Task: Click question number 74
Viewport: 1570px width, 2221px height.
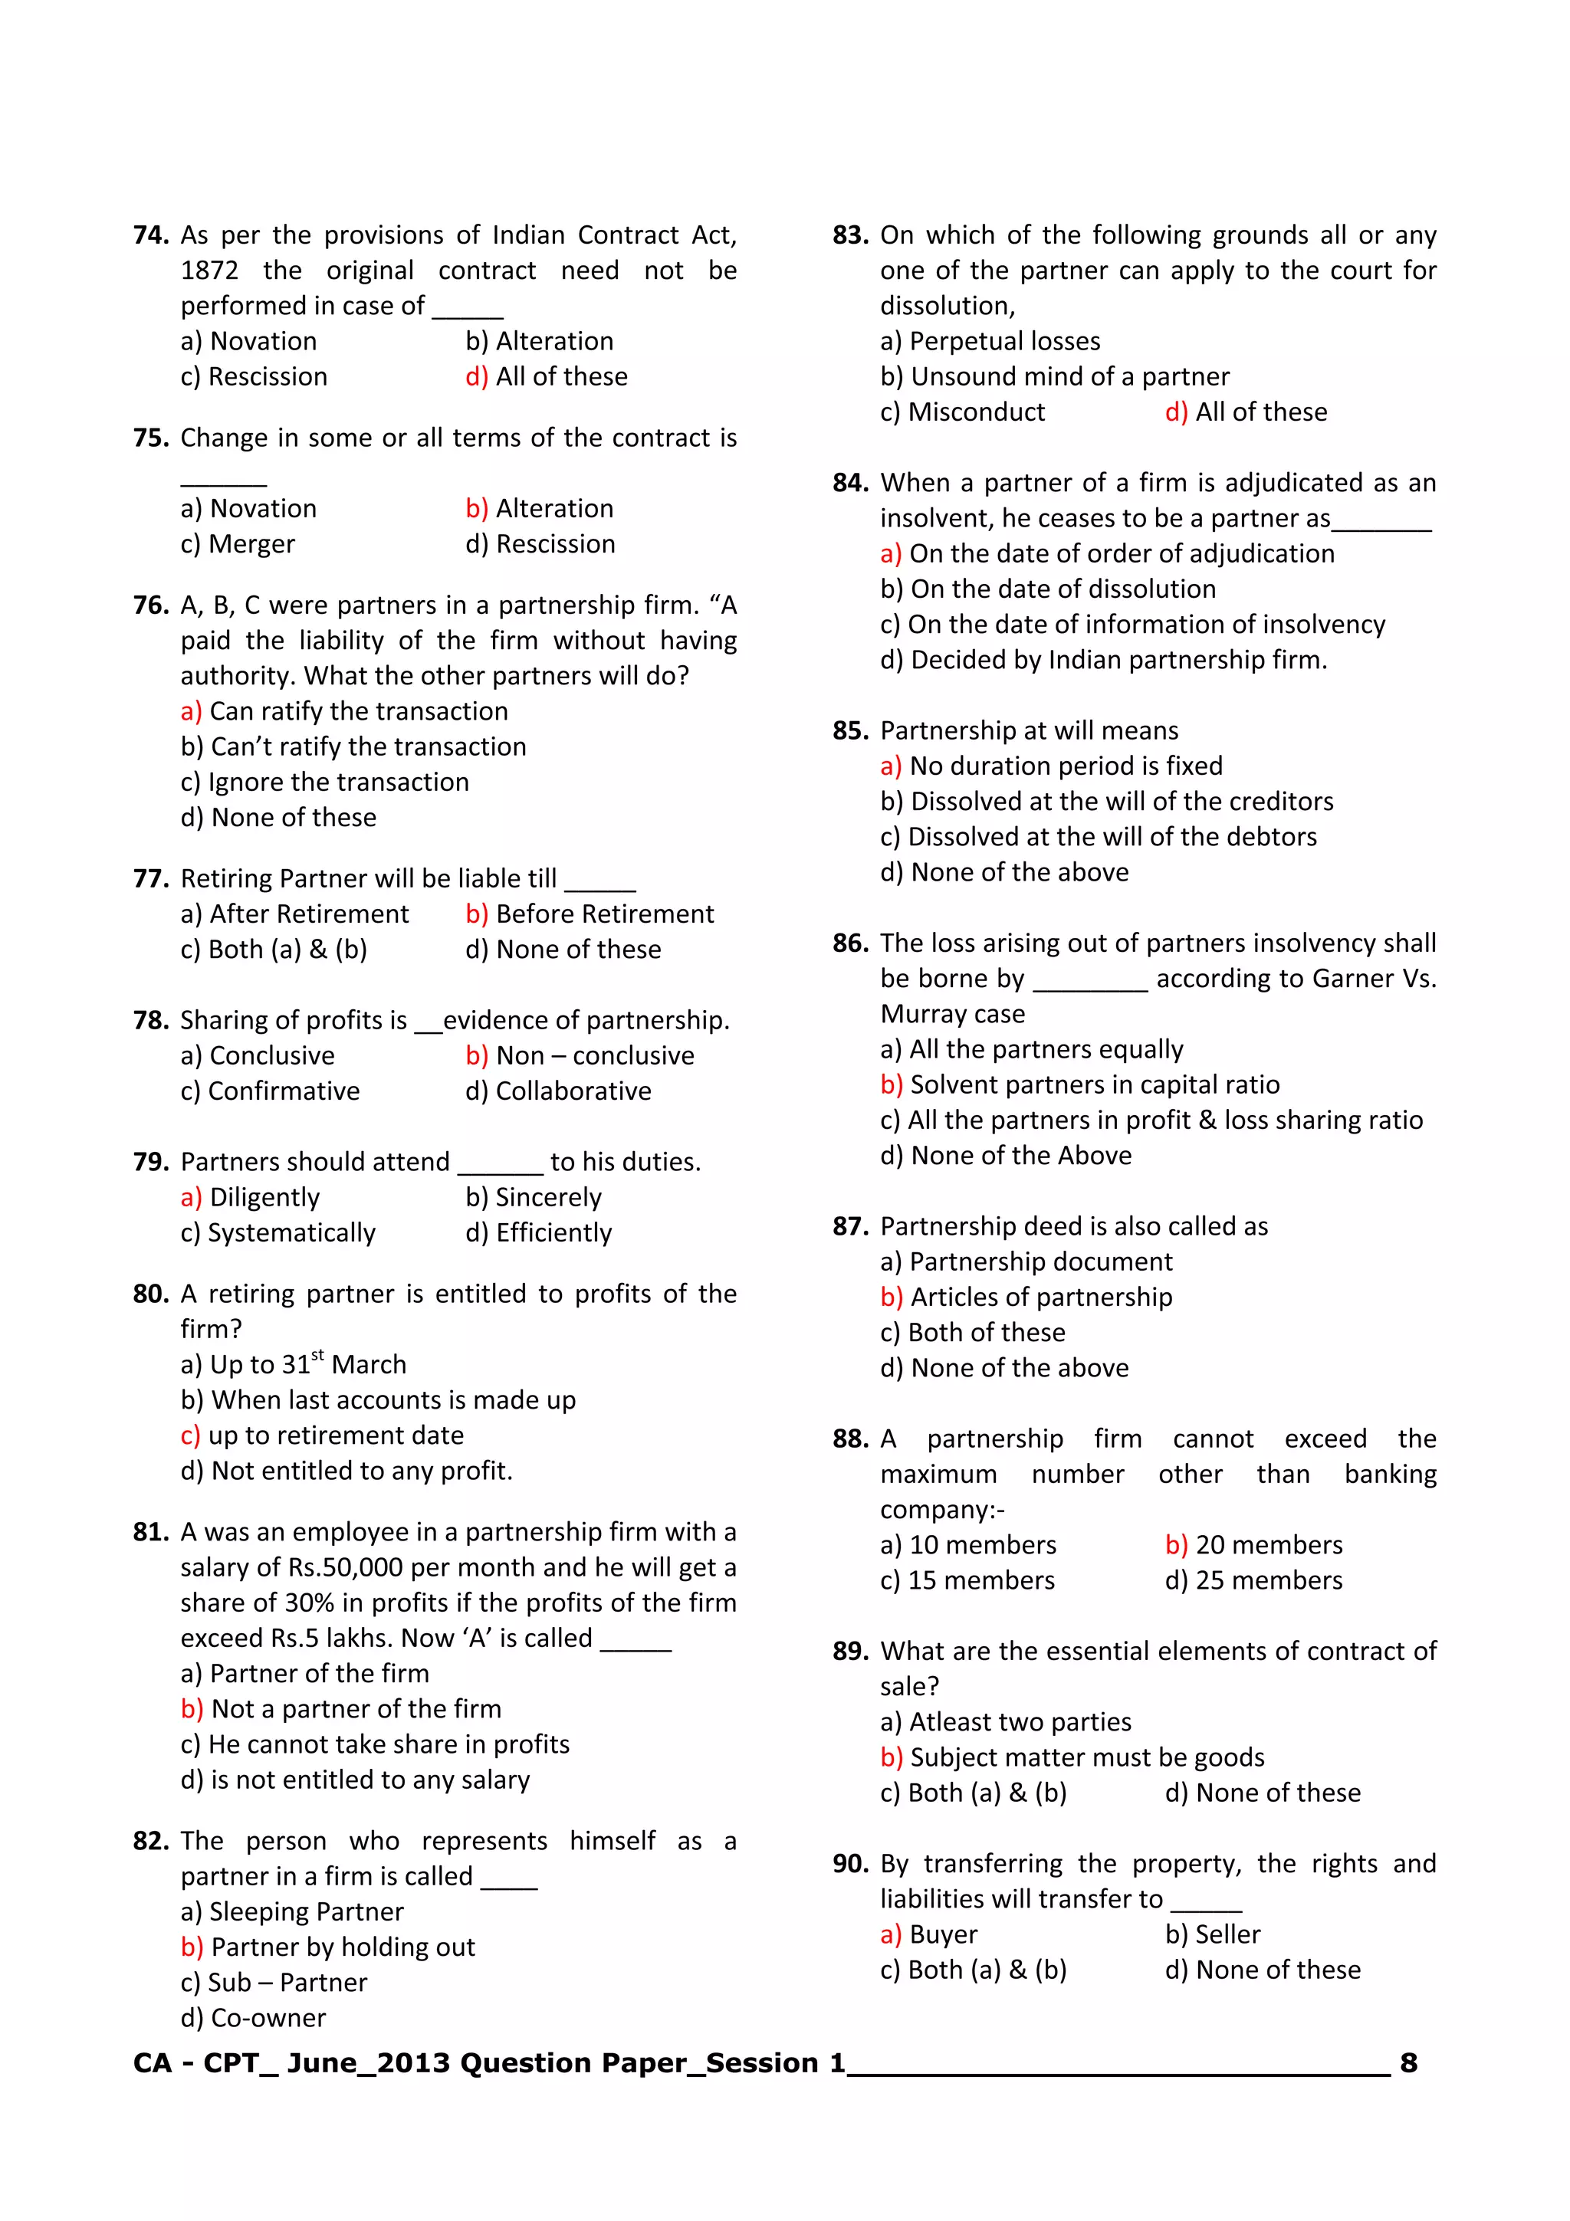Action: (x=151, y=235)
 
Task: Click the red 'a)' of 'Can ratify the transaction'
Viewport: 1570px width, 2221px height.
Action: (x=191, y=712)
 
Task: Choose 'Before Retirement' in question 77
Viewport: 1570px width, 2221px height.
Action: (x=605, y=914)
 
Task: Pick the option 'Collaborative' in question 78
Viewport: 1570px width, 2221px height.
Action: (x=573, y=1091)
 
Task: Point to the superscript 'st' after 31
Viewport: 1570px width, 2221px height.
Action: (x=317, y=1355)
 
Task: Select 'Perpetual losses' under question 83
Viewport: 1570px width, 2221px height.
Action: (x=1004, y=342)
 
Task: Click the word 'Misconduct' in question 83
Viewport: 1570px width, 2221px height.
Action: (x=976, y=412)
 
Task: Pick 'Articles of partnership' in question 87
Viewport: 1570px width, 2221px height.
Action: (x=1041, y=1297)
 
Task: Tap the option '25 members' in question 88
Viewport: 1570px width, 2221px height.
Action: (x=1268, y=1580)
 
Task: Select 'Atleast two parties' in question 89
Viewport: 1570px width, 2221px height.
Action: (x=1020, y=1722)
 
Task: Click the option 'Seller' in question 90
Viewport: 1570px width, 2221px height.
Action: (x=1227, y=1934)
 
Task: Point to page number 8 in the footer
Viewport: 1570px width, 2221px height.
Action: (x=1408, y=2063)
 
